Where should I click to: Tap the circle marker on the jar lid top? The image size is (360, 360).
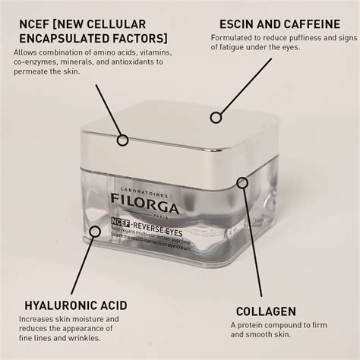(x=216, y=117)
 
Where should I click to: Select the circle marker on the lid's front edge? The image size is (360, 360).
(x=121, y=139)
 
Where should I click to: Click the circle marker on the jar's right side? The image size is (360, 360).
(x=242, y=183)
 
